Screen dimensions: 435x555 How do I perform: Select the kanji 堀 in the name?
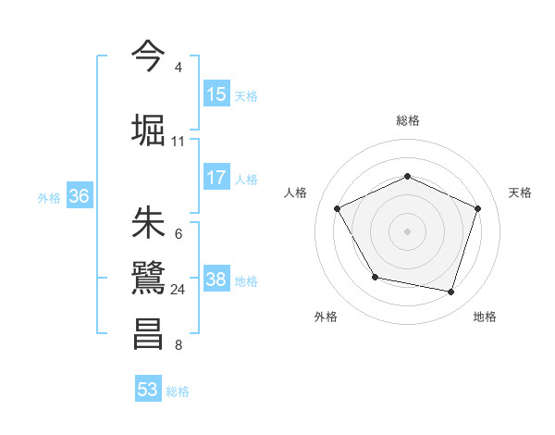coord(149,129)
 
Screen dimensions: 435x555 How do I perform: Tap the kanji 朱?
coord(149,222)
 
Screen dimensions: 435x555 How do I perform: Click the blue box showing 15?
coord(216,94)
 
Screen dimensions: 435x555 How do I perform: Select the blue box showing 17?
coord(216,178)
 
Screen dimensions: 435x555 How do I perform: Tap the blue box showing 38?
coord(216,280)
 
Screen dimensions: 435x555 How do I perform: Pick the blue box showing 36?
coord(79,196)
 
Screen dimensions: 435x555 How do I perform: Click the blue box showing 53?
coord(148,390)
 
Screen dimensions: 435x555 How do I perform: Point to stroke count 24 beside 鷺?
coord(179,290)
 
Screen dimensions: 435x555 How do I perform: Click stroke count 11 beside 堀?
coord(179,142)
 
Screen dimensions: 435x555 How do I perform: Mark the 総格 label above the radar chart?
coord(408,120)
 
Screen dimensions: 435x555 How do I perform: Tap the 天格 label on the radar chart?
coord(520,193)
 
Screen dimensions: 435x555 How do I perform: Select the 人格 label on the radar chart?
coord(296,193)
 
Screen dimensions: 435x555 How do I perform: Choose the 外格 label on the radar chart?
coord(326,317)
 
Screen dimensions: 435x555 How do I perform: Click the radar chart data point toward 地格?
coord(451,292)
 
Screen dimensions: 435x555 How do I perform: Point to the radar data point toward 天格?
coord(478,208)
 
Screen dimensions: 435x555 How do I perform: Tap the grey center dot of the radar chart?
coord(408,230)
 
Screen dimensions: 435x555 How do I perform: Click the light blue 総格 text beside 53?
coord(178,391)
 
